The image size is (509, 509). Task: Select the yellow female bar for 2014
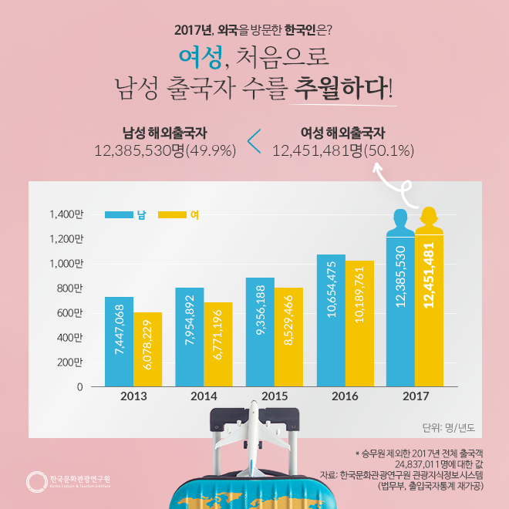pyautogui.click(x=217, y=344)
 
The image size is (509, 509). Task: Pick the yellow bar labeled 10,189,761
pyautogui.click(x=359, y=323)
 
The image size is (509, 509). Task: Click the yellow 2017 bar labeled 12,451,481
pyautogui.click(x=430, y=308)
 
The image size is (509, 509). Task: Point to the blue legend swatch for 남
pyautogui.click(x=120, y=214)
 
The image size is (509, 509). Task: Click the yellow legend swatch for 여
pyautogui.click(x=172, y=214)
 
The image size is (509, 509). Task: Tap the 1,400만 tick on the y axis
pyautogui.click(x=66, y=214)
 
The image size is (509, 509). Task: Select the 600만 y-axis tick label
pyautogui.click(x=69, y=313)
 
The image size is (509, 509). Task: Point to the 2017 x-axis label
pyautogui.click(x=416, y=396)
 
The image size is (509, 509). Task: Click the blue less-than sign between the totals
pyautogui.click(x=254, y=141)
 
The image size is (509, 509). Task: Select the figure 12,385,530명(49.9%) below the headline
pyautogui.click(x=164, y=150)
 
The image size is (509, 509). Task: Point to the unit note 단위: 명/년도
pyautogui.click(x=449, y=426)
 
